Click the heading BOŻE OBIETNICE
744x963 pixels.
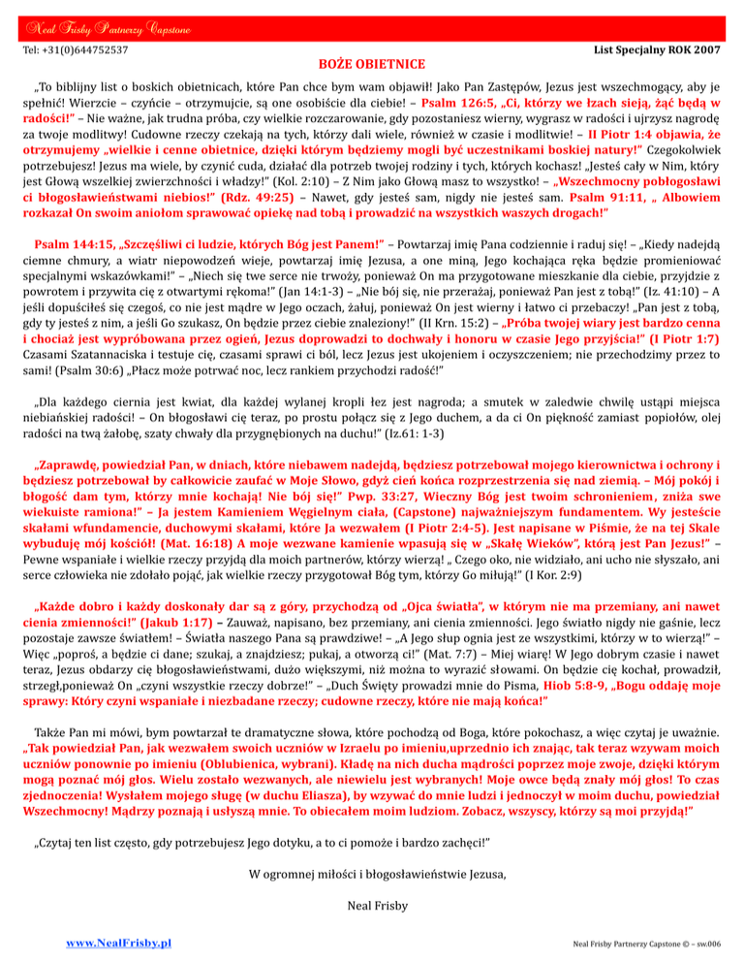coord(372,64)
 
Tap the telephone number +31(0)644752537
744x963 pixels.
coord(77,47)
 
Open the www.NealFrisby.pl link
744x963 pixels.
coord(113,942)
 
